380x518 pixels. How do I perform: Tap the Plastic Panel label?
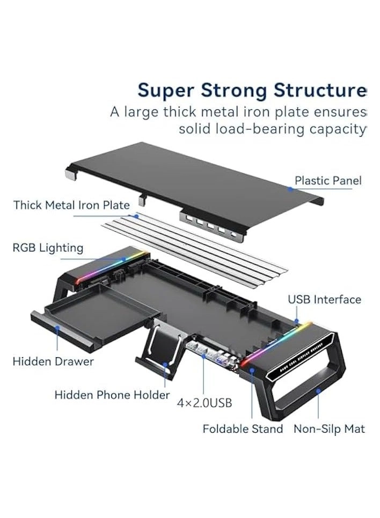tap(328, 180)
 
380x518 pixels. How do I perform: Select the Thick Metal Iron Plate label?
tap(71, 205)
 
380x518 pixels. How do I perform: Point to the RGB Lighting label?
tap(48, 248)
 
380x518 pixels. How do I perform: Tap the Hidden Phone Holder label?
tap(112, 395)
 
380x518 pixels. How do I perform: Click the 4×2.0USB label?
tap(204, 402)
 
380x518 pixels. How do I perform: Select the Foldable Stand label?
tap(243, 429)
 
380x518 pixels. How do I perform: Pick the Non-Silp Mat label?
tap(329, 429)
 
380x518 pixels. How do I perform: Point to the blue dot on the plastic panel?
tap(290, 188)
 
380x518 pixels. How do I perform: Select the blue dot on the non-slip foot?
tap(318, 391)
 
